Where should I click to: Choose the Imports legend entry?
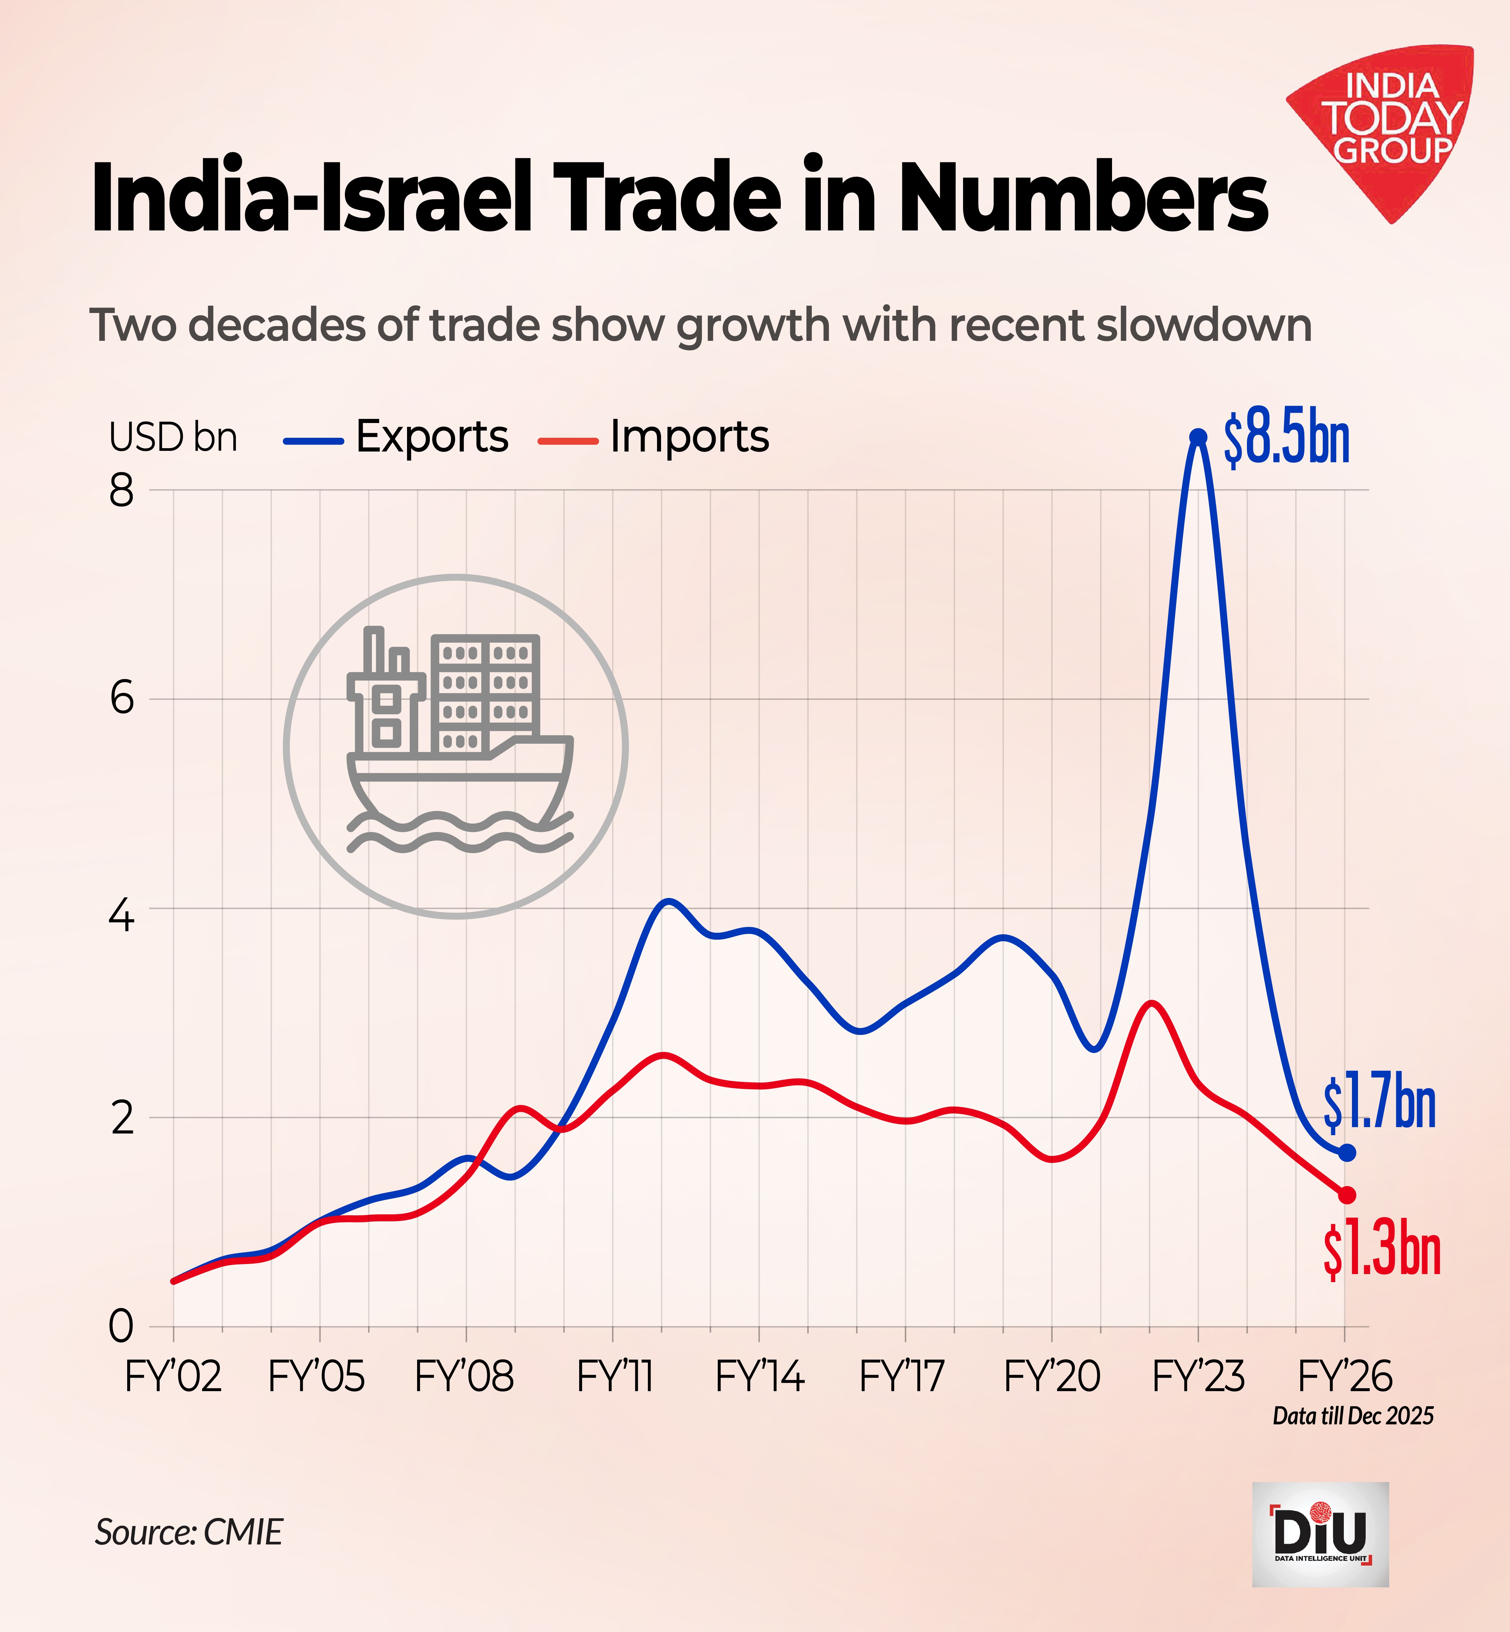tap(654, 437)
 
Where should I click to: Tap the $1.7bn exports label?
tap(1379, 1104)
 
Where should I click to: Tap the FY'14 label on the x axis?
tap(759, 1377)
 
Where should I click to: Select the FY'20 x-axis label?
tap(1052, 1377)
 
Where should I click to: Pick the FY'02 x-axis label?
tap(173, 1377)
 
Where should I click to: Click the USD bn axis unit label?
tap(173, 438)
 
